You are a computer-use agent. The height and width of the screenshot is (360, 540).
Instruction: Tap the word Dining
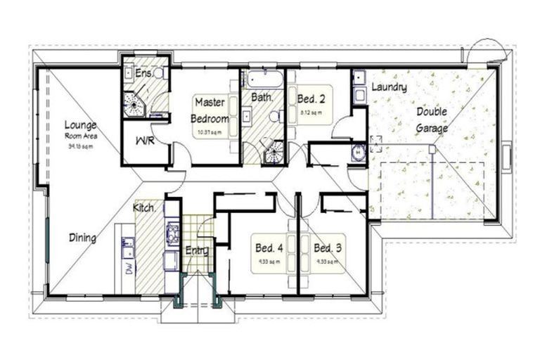pyautogui.click(x=82, y=238)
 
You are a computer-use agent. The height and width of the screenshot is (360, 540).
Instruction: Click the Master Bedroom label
pyautogui.click(x=210, y=110)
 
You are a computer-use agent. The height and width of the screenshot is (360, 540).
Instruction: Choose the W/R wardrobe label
pyautogui.click(x=146, y=141)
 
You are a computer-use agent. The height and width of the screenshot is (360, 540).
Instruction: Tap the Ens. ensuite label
pyautogui.click(x=144, y=72)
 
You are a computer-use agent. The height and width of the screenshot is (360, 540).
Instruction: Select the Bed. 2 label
pyautogui.click(x=310, y=98)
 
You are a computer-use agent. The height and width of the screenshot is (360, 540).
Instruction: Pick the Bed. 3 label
pyautogui.click(x=328, y=248)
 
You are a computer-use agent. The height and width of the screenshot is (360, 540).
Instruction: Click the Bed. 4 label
pyautogui.click(x=269, y=248)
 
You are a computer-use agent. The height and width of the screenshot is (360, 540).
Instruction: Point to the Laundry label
pyautogui.click(x=389, y=87)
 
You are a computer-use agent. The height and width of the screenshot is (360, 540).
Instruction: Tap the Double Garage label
pyautogui.click(x=432, y=120)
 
